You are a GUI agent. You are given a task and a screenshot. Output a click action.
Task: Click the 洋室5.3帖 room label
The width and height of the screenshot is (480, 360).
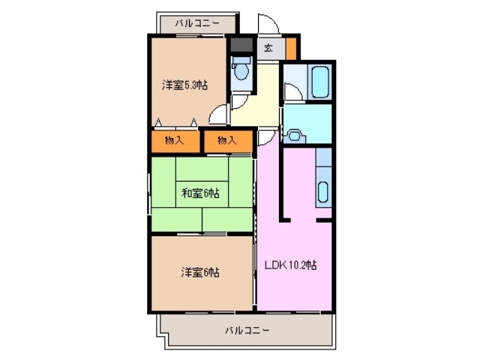[184, 85]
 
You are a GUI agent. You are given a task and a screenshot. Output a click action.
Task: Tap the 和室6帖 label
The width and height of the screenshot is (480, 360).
[199, 193]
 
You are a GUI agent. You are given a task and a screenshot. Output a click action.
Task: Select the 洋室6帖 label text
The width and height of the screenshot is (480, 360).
[199, 271]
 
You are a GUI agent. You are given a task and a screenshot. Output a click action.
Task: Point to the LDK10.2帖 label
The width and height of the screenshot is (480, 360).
[290, 265]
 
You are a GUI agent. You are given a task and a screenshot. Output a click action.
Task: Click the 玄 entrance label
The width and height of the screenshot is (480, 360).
[268, 49]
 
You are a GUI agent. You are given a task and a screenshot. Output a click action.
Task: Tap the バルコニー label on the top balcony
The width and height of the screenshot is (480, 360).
[197, 23]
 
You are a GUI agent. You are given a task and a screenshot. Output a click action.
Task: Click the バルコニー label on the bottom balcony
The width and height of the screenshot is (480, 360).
[247, 330]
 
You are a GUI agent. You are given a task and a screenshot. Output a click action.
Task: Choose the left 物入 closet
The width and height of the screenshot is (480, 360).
[175, 140]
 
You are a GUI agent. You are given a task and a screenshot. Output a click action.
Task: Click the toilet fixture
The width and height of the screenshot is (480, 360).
[241, 73]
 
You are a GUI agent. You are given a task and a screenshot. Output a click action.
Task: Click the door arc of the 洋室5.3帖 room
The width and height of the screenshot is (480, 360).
[217, 114]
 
